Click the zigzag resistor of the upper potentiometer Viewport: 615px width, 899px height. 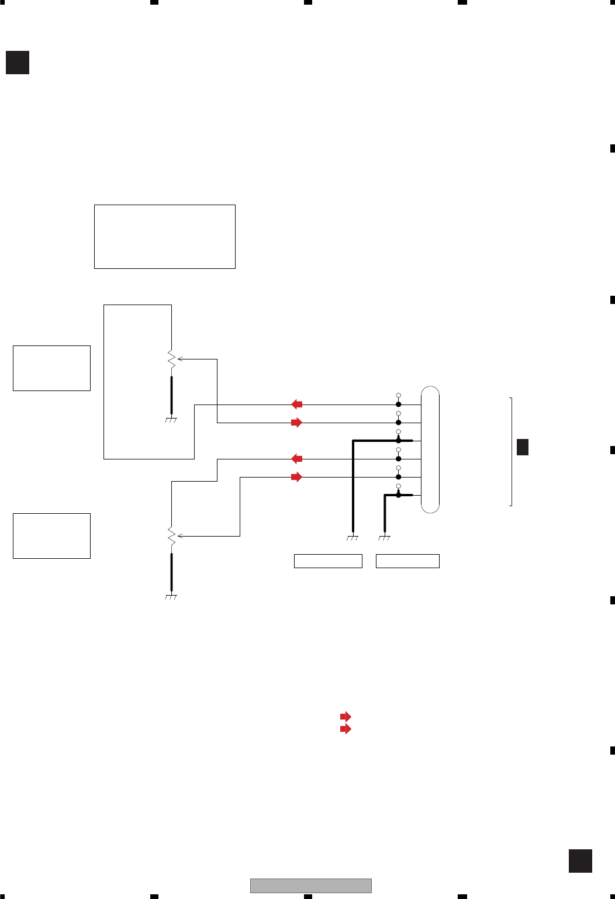click(171, 359)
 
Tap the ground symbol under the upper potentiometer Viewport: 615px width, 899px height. click(171, 420)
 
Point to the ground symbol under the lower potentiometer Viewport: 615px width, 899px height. click(171, 597)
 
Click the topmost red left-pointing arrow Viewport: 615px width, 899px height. click(297, 404)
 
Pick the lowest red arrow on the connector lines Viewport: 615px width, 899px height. click(297, 477)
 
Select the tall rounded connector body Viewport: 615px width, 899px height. click(430, 449)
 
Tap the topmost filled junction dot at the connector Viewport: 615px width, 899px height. click(399, 404)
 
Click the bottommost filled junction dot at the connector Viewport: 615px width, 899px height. click(399, 495)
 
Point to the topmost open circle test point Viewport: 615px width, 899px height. click(399, 396)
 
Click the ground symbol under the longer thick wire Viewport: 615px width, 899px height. click(353, 538)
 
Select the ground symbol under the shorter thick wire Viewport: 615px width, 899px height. click(384, 538)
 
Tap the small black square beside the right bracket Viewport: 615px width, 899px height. click(523, 447)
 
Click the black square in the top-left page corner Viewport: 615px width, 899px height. click(18, 63)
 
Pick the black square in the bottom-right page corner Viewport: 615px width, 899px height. click(580, 861)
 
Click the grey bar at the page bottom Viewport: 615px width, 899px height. click(311, 886)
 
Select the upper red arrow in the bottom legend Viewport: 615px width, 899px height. click(345, 717)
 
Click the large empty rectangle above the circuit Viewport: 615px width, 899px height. click(165, 237)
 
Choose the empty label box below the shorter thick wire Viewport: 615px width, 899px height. click(407, 561)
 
